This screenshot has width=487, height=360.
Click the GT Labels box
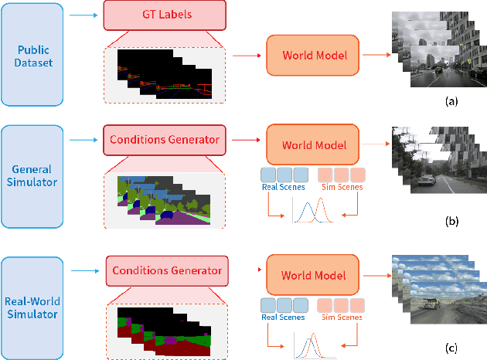point(165,15)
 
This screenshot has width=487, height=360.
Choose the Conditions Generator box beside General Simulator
point(165,141)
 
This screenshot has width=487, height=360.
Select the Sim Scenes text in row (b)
point(339,187)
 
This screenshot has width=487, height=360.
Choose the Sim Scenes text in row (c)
point(339,316)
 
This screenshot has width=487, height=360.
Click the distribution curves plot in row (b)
point(312,212)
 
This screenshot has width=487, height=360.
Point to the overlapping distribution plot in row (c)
point(312,345)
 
